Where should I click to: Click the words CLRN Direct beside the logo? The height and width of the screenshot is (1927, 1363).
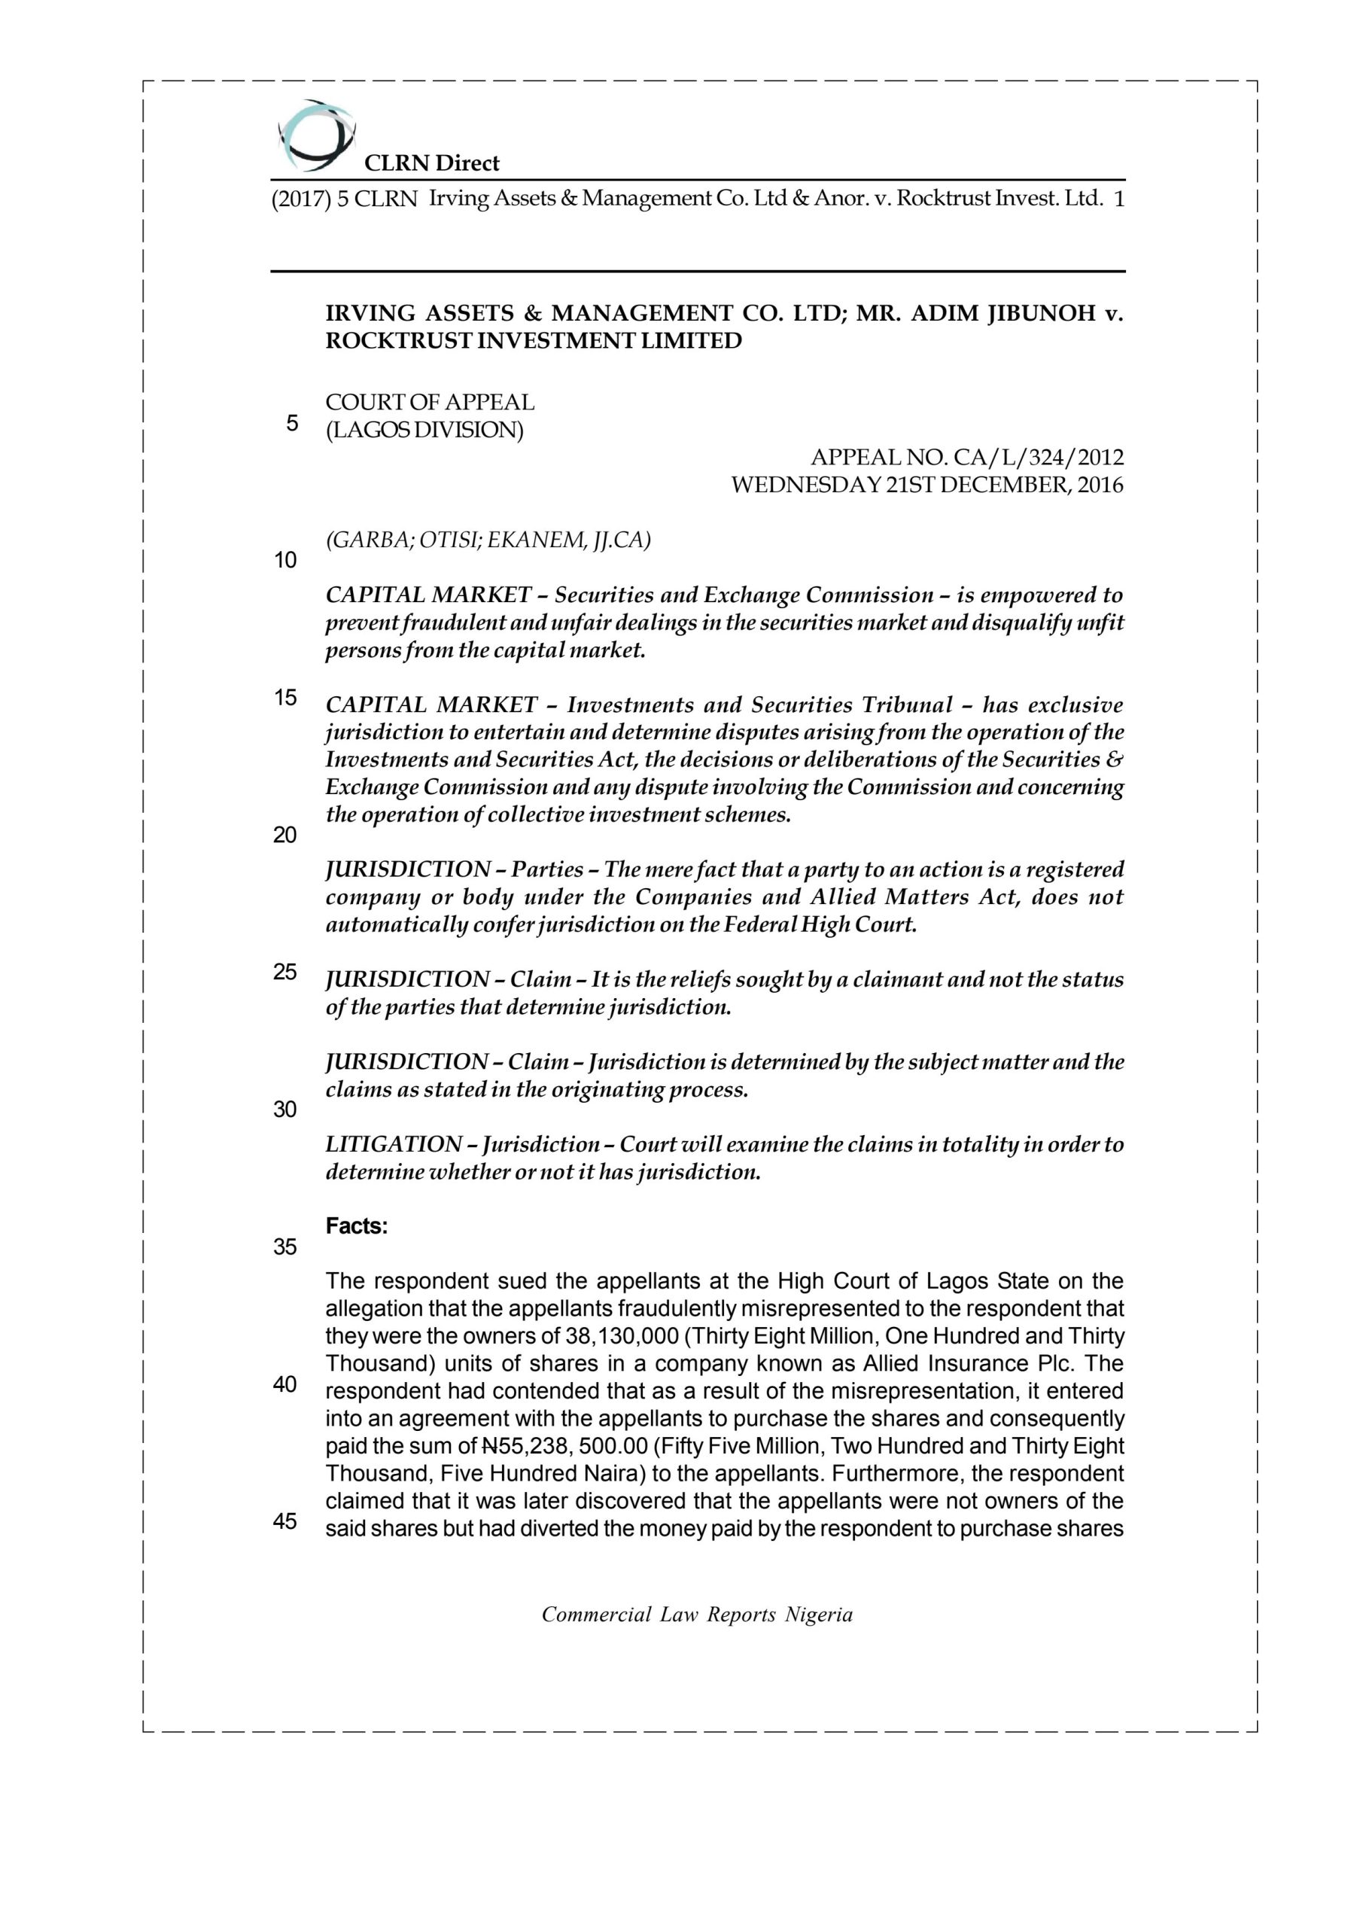click(x=431, y=163)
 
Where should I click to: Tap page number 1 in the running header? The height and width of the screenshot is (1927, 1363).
click(x=1118, y=199)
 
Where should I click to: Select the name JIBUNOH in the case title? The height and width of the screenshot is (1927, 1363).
click(x=1041, y=313)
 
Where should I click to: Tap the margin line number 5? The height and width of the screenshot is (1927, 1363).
click(x=291, y=423)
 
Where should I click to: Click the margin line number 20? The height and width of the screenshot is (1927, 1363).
click(x=285, y=834)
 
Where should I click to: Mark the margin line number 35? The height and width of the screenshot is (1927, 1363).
click(x=285, y=1247)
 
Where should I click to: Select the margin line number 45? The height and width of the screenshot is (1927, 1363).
click(x=285, y=1521)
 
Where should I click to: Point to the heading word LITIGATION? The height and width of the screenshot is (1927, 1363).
click(x=393, y=1145)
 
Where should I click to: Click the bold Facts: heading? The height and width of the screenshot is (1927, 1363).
click(x=357, y=1226)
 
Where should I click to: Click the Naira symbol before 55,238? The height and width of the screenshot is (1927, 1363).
click(x=489, y=1446)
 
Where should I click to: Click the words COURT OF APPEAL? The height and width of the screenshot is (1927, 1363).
click(x=430, y=402)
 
